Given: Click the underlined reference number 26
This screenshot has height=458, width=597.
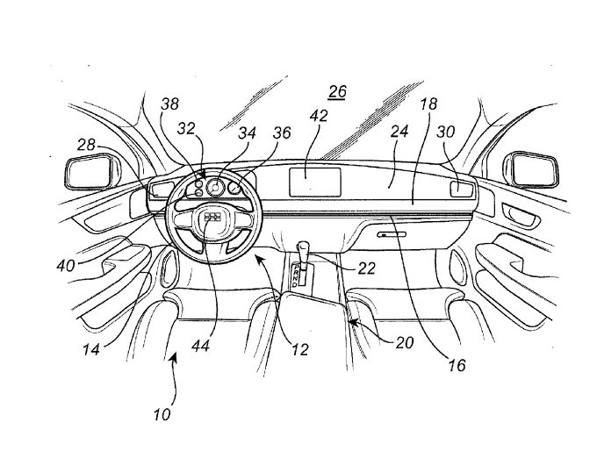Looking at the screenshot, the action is [337, 92].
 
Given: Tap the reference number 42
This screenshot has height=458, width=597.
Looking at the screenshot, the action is [319, 116].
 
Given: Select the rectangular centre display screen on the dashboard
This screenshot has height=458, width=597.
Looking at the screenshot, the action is [315, 182].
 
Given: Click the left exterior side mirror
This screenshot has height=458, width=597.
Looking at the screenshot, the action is [90, 173].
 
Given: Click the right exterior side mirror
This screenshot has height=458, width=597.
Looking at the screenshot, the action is [531, 170].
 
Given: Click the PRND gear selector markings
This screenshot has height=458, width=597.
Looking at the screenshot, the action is [296, 276].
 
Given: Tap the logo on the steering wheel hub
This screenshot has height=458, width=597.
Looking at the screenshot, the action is [212, 218].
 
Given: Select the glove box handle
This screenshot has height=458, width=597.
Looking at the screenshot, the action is [392, 234].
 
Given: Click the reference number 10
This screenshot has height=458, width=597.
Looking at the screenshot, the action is [162, 414].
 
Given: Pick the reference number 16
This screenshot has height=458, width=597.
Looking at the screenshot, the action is [457, 365].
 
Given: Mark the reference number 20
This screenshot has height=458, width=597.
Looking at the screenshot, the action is [405, 343].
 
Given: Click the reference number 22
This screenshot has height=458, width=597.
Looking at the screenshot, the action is [366, 268].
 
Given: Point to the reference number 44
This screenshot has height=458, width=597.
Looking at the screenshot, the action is [200, 347].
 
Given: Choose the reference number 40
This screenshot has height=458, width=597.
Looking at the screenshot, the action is [66, 265].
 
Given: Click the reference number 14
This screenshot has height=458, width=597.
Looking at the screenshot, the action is [91, 349].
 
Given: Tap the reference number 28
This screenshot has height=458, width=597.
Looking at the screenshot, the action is [86, 145].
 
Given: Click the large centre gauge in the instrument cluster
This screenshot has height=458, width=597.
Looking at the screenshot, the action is [215, 187].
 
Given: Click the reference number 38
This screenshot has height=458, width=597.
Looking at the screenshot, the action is [169, 104].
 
